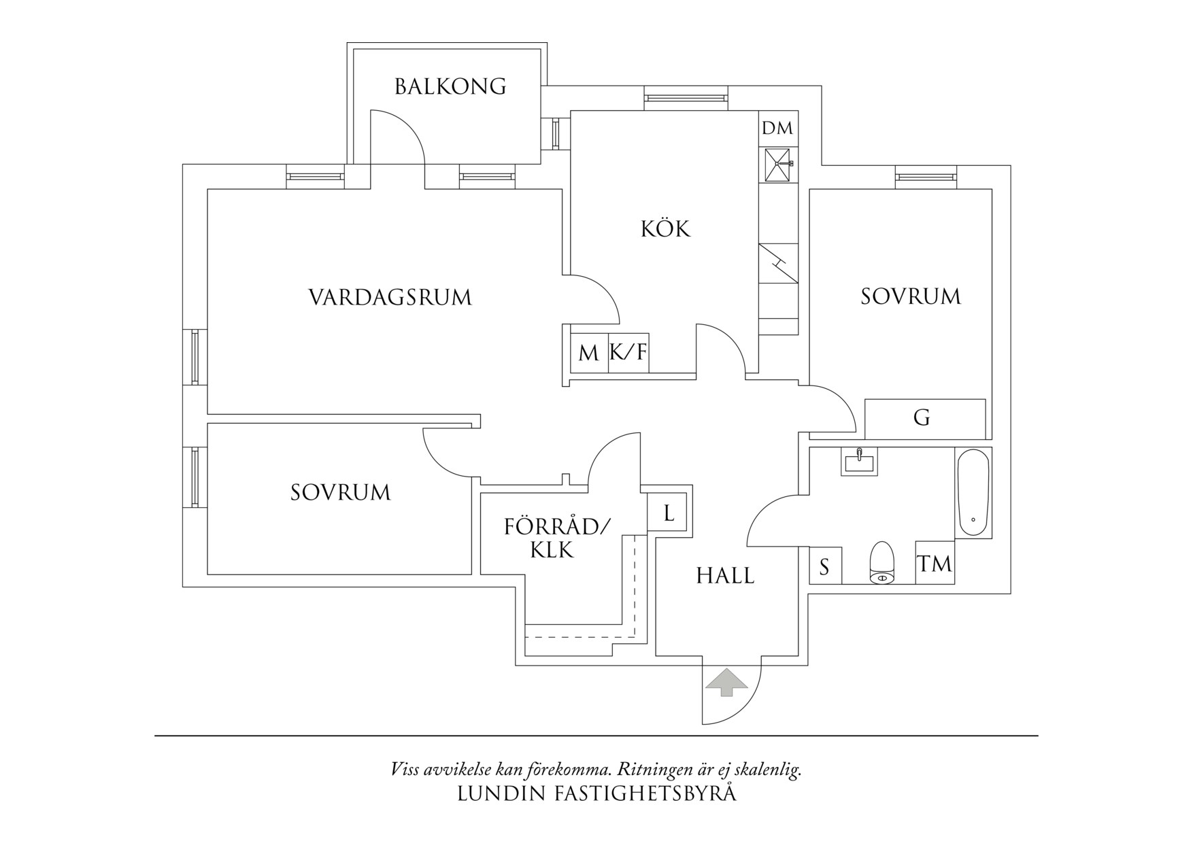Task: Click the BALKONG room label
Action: pyautogui.click(x=450, y=87)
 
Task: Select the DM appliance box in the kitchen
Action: pyautogui.click(x=777, y=128)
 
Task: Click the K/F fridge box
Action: pyautogui.click(x=628, y=353)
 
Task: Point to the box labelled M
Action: pyautogui.click(x=588, y=354)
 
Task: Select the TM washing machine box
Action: pyautogui.click(x=935, y=563)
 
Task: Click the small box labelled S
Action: pyautogui.click(x=825, y=566)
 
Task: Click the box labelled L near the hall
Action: pyautogui.click(x=669, y=513)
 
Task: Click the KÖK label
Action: pyautogui.click(x=665, y=229)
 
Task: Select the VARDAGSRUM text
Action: pyautogui.click(x=390, y=298)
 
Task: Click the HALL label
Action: pyautogui.click(x=725, y=576)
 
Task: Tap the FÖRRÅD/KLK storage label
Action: pyautogui.click(x=557, y=538)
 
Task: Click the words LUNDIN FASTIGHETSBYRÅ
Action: pyautogui.click(x=596, y=794)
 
